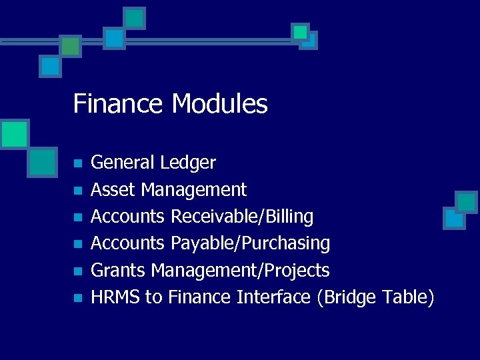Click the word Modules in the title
click(219, 105)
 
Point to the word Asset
click(113, 190)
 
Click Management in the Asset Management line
click(194, 190)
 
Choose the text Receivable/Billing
click(242, 217)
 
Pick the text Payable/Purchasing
click(250, 243)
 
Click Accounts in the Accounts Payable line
click(127, 243)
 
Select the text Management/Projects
click(241, 270)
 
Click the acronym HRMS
click(115, 297)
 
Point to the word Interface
click(273, 297)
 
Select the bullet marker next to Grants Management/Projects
click(77, 271)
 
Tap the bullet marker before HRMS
click(77, 298)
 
